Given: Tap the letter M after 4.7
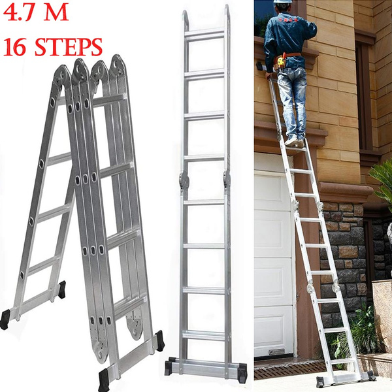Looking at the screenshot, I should pos(57,14).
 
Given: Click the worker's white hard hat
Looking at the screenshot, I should pos(282,3).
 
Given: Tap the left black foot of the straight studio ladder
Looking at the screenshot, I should pos(169,368).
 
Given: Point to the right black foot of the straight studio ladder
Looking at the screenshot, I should pos(242,372).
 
